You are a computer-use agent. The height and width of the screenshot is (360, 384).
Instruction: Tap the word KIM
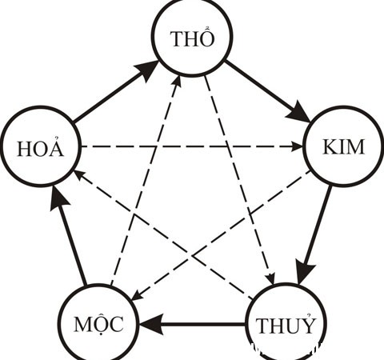[343, 146]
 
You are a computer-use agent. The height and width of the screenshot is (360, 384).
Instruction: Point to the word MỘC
[98, 326]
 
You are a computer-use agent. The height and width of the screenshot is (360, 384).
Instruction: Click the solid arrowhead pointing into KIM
[298, 111]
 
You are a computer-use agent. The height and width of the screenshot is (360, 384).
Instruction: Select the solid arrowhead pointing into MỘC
[151, 324]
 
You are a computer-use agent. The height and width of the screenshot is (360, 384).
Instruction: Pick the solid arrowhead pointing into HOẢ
[59, 198]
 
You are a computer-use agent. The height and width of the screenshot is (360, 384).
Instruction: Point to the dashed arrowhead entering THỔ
[177, 82]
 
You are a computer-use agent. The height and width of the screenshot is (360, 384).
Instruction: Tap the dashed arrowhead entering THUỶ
[270, 278]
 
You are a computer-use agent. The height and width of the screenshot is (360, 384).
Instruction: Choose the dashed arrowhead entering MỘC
[137, 295]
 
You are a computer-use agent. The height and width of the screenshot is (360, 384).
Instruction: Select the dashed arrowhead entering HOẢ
[79, 175]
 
